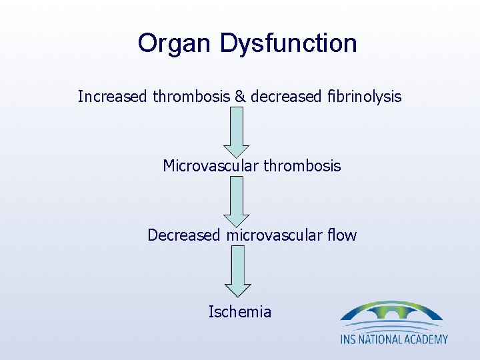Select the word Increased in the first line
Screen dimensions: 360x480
pyautogui.click(x=113, y=97)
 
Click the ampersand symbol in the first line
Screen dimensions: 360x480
pyautogui.click(x=239, y=97)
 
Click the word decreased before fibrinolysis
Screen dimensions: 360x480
pyautogui.click(x=281, y=97)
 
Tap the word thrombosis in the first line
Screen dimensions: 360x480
pyautogui.click(x=192, y=97)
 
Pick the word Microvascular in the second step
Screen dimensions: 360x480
pyautogui.click(x=207, y=166)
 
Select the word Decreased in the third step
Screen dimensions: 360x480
pyautogui.click(x=185, y=235)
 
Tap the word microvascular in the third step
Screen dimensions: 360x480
pyautogui.click(x=278, y=235)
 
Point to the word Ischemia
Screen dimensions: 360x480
pyautogui.click(x=239, y=311)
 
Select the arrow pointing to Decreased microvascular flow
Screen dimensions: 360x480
pyautogui.click(x=235, y=201)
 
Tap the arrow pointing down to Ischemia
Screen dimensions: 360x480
pyautogui.click(x=237, y=270)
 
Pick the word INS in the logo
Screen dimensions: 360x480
pyautogui.click(x=349, y=339)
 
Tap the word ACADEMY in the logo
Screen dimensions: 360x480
pyautogui.click(x=427, y=339)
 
